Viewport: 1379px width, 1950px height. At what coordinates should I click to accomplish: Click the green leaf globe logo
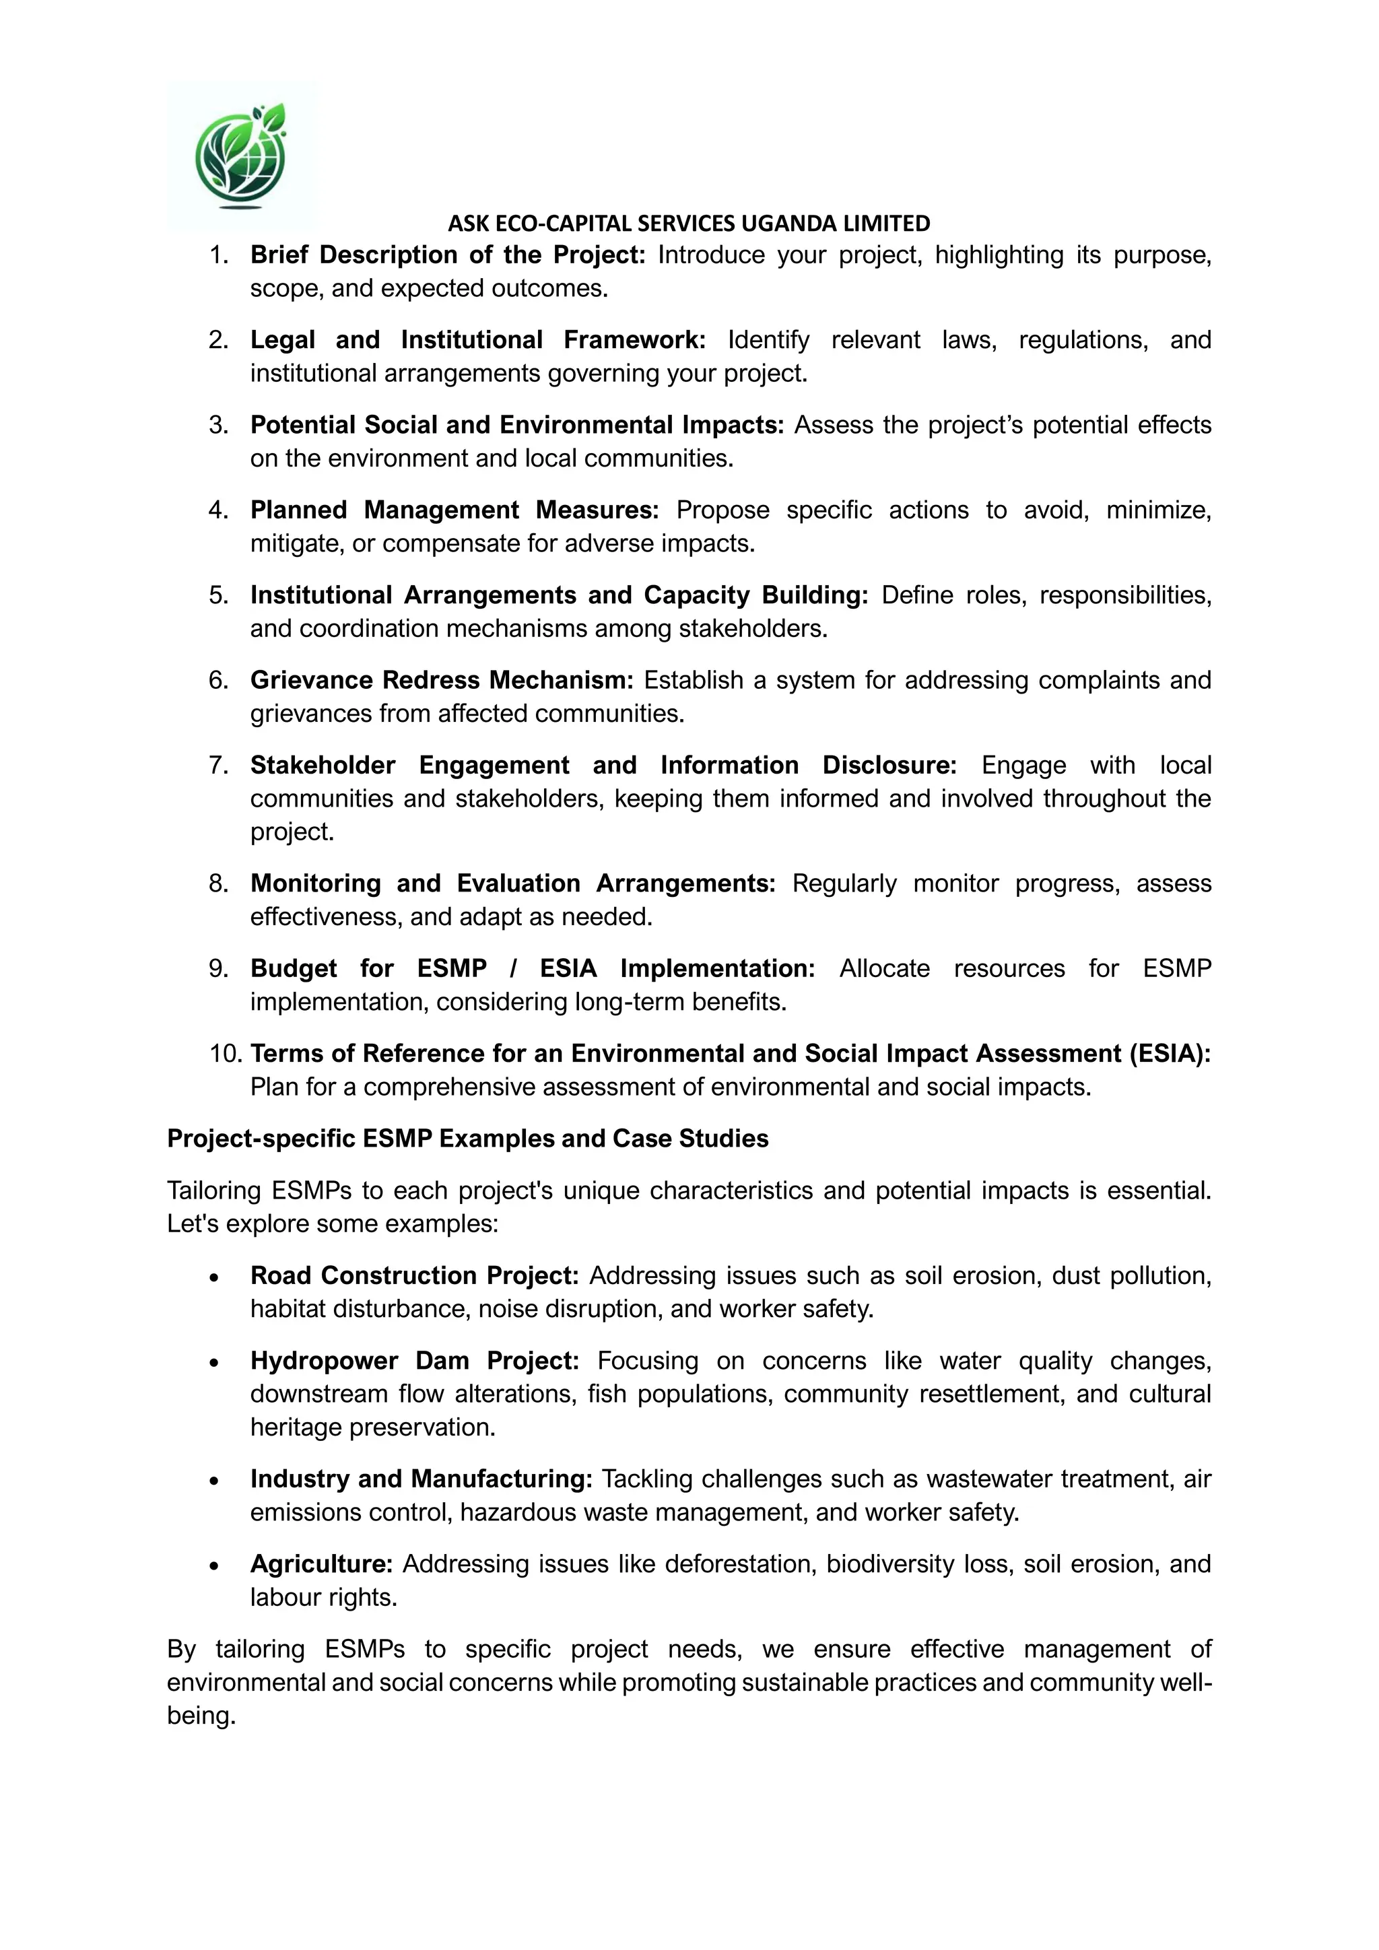[241, 156]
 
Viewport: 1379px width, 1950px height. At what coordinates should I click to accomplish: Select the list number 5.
[219, 595]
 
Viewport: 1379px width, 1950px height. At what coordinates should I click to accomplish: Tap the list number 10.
[225, 1053]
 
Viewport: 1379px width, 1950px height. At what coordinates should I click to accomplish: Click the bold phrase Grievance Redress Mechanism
[441, 679]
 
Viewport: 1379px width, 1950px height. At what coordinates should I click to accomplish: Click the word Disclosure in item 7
[888, 764]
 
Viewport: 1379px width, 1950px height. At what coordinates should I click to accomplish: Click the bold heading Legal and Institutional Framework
[477, 340]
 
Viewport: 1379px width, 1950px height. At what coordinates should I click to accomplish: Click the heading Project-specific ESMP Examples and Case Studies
[467, 1138]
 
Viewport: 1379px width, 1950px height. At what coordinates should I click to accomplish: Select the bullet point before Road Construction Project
[215, 1277]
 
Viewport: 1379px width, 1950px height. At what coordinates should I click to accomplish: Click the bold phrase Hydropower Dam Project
[413, 1361]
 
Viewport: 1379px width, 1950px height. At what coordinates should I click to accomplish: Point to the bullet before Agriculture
[215, 1566]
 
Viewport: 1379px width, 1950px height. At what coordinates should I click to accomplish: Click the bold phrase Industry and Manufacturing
[420, 1479]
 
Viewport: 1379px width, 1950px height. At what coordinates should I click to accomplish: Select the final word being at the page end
[201, 1716]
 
